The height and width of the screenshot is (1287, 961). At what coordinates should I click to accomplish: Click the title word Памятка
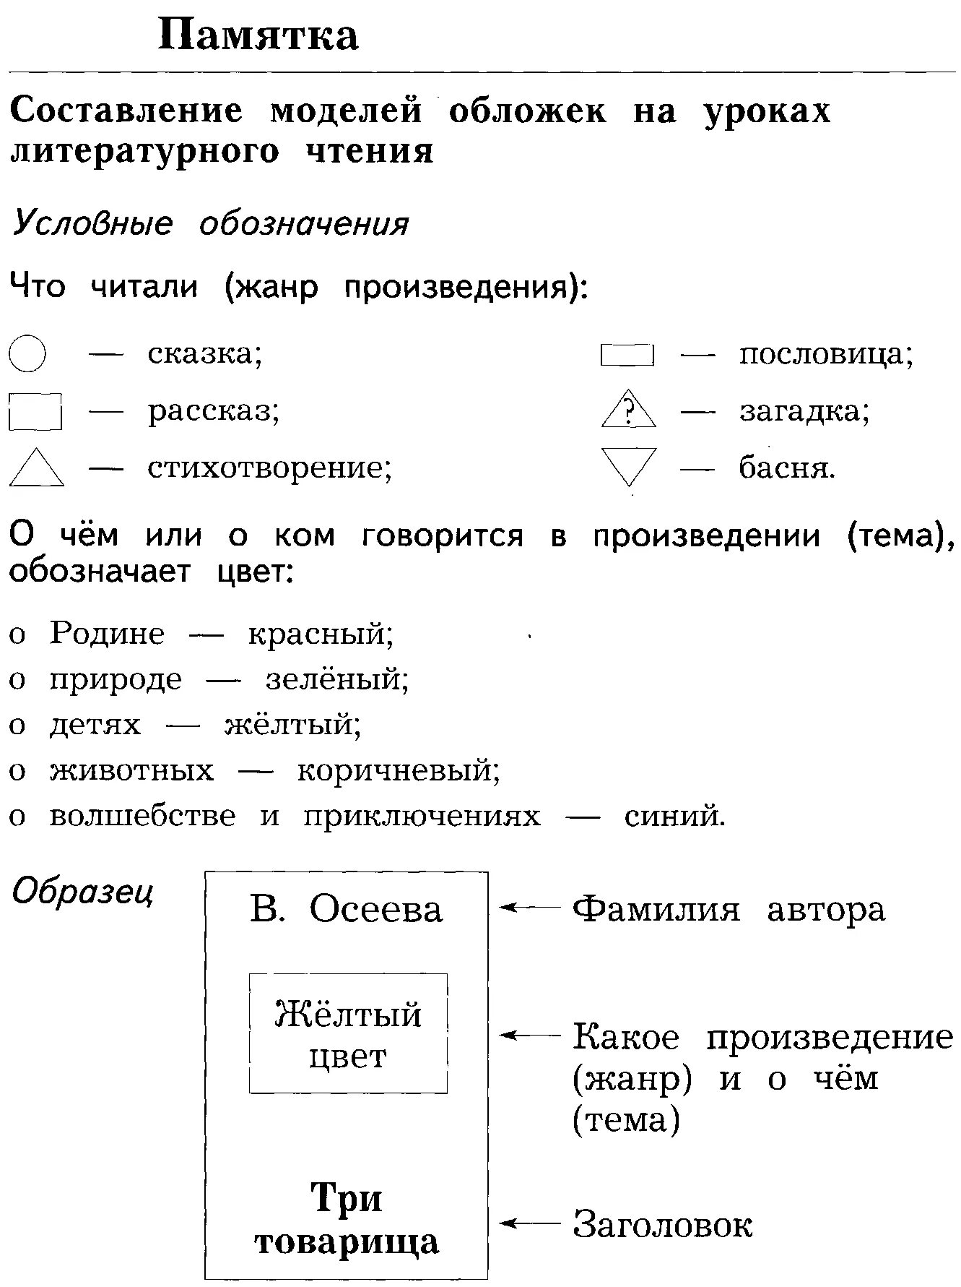258,35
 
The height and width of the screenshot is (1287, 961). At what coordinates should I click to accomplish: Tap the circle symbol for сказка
28,353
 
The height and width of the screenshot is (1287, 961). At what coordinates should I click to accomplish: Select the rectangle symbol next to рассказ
35,411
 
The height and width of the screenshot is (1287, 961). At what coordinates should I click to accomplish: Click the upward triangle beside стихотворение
36,469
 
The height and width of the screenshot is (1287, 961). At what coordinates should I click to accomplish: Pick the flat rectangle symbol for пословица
627,356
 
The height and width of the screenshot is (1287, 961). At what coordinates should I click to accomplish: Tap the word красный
321,634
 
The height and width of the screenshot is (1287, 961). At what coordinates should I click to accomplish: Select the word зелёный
337,679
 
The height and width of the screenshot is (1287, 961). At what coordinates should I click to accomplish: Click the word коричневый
399,770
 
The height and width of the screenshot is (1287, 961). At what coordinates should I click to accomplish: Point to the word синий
674,816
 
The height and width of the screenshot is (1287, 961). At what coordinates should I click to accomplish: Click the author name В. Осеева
346,909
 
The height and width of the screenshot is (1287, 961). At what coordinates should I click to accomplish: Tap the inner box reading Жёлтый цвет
348,1033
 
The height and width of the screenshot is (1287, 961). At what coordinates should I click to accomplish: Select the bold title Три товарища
347,1219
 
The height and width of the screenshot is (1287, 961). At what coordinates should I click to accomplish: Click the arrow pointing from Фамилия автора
530,908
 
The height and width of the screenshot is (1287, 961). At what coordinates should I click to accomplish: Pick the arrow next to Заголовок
530,1224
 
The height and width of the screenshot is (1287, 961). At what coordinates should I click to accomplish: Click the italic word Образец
83,892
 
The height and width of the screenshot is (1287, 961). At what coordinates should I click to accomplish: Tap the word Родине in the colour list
107,634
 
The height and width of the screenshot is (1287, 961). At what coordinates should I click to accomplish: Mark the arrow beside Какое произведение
530,1036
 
